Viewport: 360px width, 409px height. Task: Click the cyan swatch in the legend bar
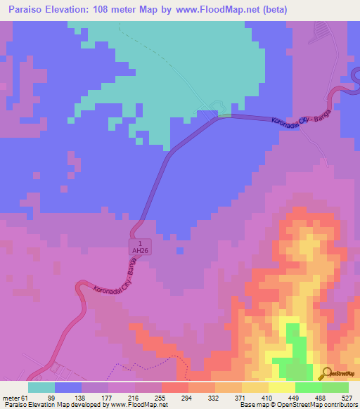[41, 387]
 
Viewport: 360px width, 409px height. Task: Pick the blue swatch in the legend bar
[68, 387]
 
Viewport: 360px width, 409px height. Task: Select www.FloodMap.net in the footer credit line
[135, 405]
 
